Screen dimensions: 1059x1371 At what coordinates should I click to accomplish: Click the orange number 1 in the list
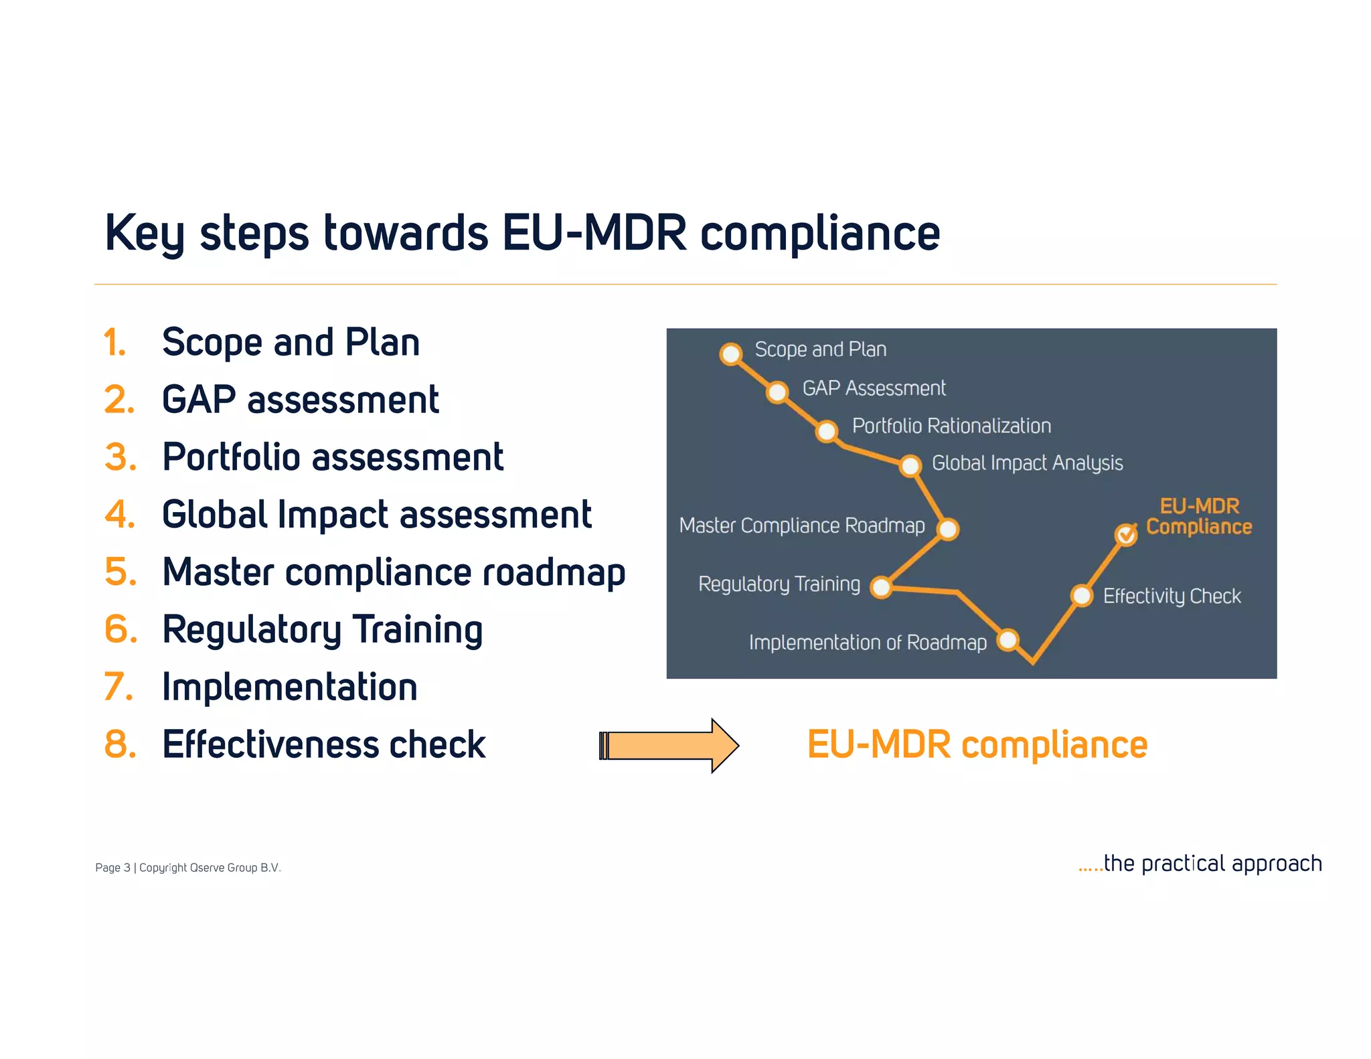coord(114,343)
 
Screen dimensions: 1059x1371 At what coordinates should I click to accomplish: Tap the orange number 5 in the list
coord(120,572)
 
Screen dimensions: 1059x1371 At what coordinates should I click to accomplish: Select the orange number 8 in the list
coord(120,744)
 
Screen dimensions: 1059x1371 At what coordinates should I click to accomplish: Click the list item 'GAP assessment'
coord(300,400)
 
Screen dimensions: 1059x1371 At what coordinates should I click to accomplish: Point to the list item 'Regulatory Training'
coord(322,630)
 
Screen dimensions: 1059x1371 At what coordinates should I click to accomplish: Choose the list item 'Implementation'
coord(289,687)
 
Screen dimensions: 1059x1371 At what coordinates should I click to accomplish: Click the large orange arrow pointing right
coord(669,746)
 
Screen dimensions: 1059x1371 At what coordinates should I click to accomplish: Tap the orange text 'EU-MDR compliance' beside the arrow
coord(977,745)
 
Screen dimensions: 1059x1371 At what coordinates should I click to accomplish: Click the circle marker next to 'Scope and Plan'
coord(731,353)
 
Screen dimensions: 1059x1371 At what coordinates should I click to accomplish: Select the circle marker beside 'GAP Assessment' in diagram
coord(777,392)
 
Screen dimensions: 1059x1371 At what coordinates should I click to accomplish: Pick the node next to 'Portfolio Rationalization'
coord(827,431)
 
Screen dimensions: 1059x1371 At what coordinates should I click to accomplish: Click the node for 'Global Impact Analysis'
coord(910,465)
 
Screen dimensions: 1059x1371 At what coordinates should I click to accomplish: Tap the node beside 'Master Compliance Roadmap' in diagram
coord(948,529)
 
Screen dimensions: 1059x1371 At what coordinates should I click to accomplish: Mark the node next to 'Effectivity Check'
coord(1082,595)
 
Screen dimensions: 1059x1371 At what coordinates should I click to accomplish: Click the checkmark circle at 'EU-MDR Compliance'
coord(1126,534)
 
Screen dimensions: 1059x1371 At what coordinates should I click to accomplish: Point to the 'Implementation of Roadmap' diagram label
coord(868,643)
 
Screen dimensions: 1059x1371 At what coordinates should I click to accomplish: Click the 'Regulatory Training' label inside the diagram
coord(779,584)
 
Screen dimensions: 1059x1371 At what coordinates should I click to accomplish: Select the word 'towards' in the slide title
coord(406,233)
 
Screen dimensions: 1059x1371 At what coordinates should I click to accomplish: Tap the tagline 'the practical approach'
coord(1212,864)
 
